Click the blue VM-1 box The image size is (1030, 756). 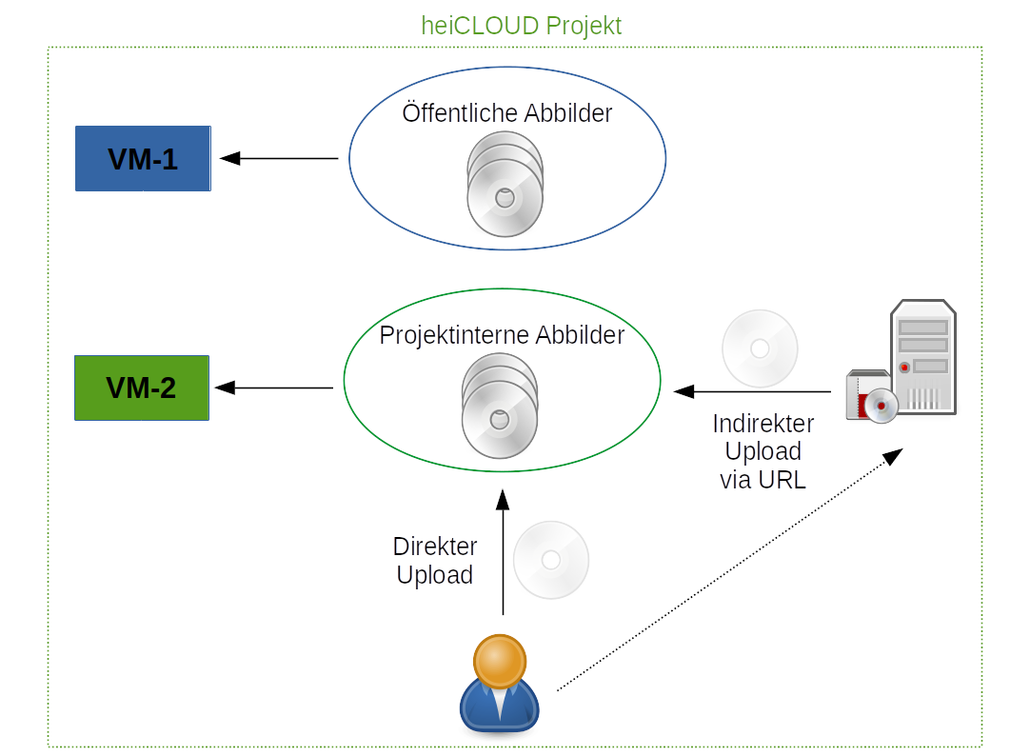coord(143,158)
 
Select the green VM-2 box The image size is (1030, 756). coord(142,388)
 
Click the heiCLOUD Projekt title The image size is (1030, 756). coord(522,25)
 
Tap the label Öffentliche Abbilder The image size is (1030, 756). coord(507,113)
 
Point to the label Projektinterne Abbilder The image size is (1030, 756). coord(502,335)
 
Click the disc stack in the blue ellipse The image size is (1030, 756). coord(505,185)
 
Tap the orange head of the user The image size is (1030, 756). coord(500,661)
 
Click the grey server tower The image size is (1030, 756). coord(922,356)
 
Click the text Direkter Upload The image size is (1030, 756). coord(435,561)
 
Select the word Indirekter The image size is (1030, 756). coord(763,424)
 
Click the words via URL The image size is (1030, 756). coord(763,480)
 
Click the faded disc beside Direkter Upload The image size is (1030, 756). coord(551,560)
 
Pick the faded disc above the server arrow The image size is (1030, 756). coord(760,348)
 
